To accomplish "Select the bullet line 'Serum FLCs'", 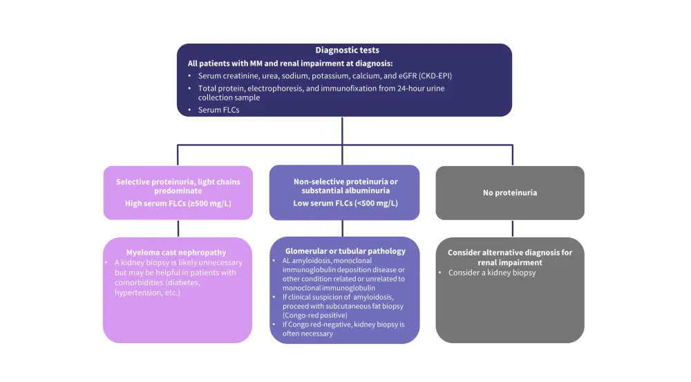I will pos(218,109).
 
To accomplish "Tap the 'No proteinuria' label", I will pos(510,192).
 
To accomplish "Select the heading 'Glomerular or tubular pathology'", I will pos(345,251).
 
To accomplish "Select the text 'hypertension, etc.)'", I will pos(148,293).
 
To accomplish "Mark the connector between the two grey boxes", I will pos(512,229).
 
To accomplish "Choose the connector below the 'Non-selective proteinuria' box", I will pos(343,229).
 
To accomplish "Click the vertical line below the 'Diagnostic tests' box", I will pos(343,130).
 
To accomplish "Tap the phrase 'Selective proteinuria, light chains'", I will pos(178,182).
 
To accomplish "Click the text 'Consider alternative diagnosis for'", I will pos(510,253).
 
